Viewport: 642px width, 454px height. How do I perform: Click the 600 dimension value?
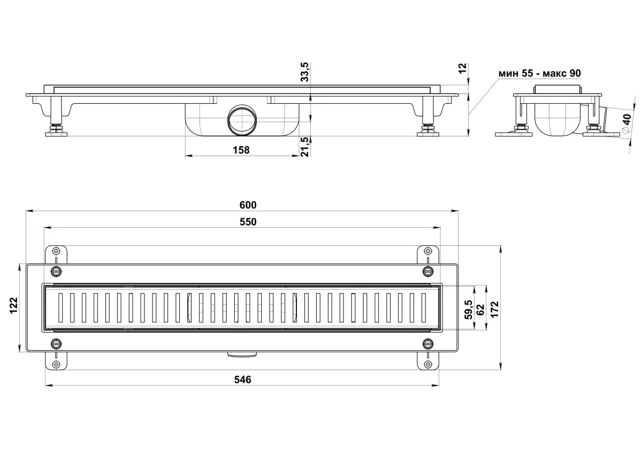pos(248,205)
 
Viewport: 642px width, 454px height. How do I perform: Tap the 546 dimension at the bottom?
pos(242,379)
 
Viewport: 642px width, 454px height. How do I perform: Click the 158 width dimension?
pos(241,150)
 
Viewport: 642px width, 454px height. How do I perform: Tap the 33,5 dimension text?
pos(304,72)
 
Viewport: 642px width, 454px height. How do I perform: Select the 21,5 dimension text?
pos(305,147)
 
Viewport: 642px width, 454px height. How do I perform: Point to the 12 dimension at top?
pos(463,67)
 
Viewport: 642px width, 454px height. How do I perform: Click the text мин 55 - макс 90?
pos(539,73)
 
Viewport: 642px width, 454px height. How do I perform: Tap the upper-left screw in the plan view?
pos(56,270)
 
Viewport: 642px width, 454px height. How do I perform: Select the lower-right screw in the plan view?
pos(427,343)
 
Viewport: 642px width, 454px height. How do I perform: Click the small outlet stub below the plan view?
pos(242,353)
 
